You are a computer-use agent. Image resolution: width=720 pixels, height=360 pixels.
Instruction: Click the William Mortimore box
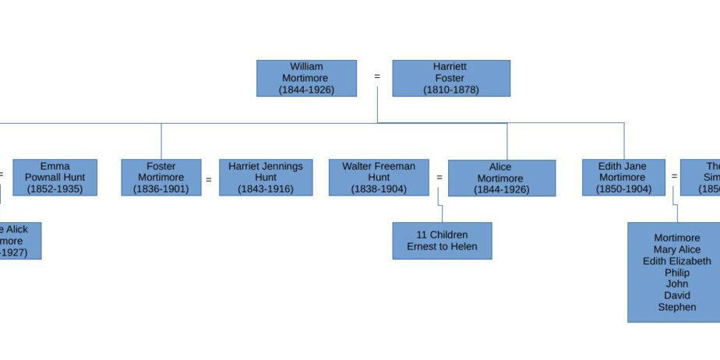(306, 78)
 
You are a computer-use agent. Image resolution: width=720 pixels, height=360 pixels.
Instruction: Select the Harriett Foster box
(451, 78)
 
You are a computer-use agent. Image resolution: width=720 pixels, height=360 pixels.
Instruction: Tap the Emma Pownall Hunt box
(55, 178)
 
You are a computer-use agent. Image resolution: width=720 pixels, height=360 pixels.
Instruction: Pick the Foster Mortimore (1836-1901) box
(161, 178)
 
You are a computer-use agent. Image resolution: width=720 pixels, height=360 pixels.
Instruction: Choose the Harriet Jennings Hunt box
(266, 178)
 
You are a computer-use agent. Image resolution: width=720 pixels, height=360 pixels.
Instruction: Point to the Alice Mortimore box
(501, 178)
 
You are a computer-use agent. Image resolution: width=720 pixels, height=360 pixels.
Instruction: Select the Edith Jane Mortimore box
(623, 178)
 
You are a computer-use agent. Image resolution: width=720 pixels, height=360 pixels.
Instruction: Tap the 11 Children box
(442, 241)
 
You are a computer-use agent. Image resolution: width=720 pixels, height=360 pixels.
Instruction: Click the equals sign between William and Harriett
(377, 76)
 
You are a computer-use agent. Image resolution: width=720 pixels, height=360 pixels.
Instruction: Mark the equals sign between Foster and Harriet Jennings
(208, 179)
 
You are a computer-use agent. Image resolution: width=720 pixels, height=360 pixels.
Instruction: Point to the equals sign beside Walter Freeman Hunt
(439, 178)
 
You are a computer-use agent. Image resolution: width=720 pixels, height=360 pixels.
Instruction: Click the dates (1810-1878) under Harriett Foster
(451, 90)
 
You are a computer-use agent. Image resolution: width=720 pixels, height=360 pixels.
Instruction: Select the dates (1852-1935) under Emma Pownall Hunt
(55, 189)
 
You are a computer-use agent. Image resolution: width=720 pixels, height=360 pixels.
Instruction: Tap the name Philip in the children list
(677, 273)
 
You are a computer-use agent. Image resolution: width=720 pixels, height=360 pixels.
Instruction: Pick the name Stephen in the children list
(677, 307)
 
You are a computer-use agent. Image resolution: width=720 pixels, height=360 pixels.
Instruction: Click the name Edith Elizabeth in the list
(677, 261)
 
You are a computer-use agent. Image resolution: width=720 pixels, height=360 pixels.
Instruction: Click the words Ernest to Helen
(442, 247)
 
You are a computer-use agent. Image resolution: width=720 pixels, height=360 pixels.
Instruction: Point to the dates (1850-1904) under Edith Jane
(623, 189)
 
